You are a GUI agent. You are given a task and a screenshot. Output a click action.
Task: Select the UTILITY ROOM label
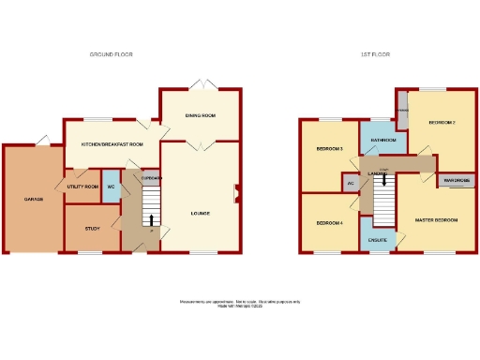click(x=82, y=187)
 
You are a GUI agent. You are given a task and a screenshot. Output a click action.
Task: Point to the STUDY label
click(x=92, y=228)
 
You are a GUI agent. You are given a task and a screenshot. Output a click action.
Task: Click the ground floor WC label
click(x=110, y=187)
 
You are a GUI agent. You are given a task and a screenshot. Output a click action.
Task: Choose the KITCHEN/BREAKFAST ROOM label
click(x=112, y=144)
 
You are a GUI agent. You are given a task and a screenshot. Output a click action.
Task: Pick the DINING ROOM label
click(x=201, y=115)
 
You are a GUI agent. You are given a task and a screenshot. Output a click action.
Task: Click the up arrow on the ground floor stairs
click(x=152, y=220)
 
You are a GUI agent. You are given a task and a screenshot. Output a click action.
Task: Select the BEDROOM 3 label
click(x=329, y=150)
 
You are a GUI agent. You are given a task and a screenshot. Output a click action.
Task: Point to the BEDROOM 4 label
click(x=329, y=223)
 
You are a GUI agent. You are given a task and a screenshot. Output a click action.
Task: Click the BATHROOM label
click(x=382, y=141)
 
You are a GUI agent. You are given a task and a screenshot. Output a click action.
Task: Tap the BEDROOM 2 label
click(x=442, y=123)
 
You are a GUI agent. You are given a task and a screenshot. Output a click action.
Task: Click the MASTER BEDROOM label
click(x=437, y=219)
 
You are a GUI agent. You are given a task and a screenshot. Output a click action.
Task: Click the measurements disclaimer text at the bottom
click(x=240, y=303)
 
